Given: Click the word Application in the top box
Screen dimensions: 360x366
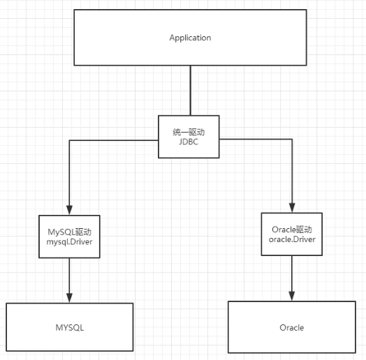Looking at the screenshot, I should pyautogui.click(x=189, y=38).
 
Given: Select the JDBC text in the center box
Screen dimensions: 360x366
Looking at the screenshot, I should pyautogui.click(x=189, y=142).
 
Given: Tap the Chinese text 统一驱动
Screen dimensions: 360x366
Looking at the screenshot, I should pyautogui.click(x=189, y=132).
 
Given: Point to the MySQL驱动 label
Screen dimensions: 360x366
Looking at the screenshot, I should pyautogui.click(x=68, y=231).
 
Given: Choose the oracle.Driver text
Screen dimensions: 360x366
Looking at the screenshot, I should pyautogui.click(x=292, y=239).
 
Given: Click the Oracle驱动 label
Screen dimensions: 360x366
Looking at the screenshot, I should pyautogui.click(x=292, y=229).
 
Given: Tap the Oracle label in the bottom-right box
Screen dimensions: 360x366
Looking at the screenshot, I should pyautogui.click(x=291, y=327).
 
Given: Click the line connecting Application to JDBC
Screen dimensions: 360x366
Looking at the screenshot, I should pyautogui.click(x=189, y=91).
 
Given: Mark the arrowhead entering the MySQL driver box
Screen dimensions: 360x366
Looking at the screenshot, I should pyautogui.click(x=68, y=211).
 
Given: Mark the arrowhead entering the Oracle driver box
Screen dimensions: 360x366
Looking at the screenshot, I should pyautogui.click(x=292, y=209).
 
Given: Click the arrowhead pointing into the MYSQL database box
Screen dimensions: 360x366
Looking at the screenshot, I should pyautogui.click(x=68, y=298).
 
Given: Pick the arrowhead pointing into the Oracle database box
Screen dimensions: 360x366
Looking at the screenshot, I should pyautogui.click(x=292, y=296).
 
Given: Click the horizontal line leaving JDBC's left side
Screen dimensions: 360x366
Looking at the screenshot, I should pyautogui.click(x=115, y=140).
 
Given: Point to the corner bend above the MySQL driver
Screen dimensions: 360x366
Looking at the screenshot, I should pyautogui.click(x=68, y=140).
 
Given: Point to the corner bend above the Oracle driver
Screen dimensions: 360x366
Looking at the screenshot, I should pyautogui.click(x=292, y=140).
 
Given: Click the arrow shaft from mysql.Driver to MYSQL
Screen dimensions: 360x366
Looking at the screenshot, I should pyautogui.click(x=68, y=276).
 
